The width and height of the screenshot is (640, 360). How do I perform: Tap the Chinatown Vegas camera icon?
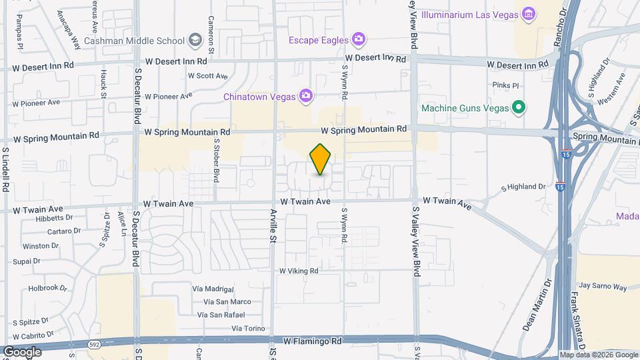click(306, 97)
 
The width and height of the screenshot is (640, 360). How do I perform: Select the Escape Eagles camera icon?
click(359, 39)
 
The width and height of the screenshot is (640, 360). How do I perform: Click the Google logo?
click(22, 351)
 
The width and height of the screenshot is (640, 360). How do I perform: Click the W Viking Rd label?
click(299, 271)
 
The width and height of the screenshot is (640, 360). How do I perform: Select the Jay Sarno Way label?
click(604, 287)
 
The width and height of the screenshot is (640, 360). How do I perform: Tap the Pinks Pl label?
click(505, 85)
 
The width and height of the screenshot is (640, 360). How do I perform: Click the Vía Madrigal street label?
click(213, 289)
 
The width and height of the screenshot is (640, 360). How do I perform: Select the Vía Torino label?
click(248, 328)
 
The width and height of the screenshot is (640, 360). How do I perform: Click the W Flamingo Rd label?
click(312, 341)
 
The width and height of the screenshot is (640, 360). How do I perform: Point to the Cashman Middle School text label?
click(143, 41)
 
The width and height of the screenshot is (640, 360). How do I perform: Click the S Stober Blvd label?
click(217, 161)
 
